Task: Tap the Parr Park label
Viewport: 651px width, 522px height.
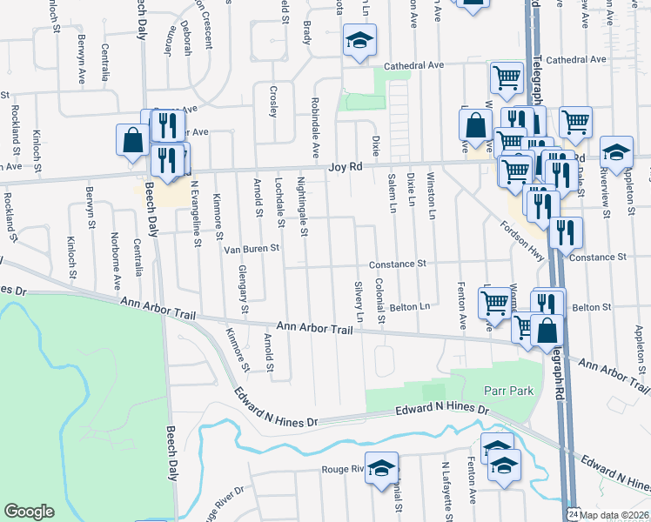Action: (x=511, y=391)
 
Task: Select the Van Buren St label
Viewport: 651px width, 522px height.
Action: (x=251, y=249)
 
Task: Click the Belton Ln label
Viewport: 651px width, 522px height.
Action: (x=411, y=307)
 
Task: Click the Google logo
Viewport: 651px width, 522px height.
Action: (x=29, y=512)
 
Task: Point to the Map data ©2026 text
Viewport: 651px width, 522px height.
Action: (x=614, y=514)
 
